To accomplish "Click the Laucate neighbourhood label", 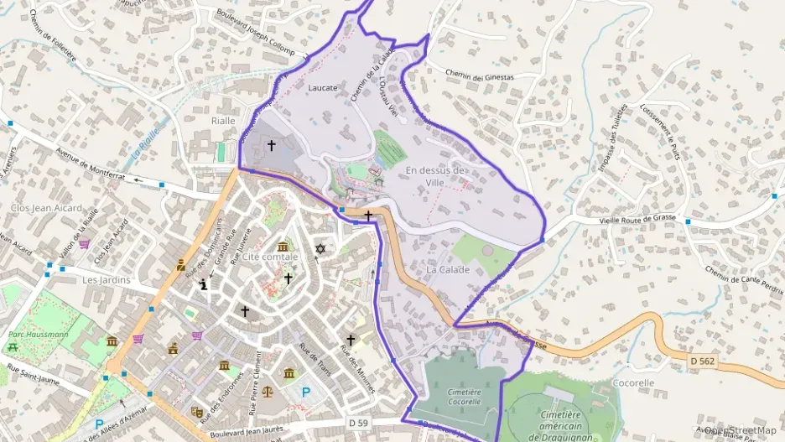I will (x=323, y=87).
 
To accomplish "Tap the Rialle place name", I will (x=222, y=121).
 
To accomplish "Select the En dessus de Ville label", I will (x=435, y=176).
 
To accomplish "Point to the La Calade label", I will (x=448, y=270).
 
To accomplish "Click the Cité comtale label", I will (x=269, y=257).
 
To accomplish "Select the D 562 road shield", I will (x=682, y=361).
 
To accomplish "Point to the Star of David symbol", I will (x=320, y=249).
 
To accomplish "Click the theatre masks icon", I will (x=197, y=412).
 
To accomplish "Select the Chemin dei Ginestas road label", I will (x=479, y=76).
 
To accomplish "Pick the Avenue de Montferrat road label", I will (x=90, y=164).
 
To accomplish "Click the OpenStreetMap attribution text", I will (x=741, y=430).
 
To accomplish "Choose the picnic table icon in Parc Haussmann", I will (x=13, y=346).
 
